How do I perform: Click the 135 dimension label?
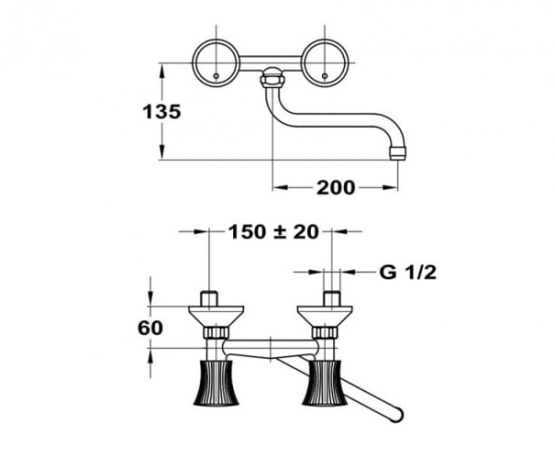point(162,111)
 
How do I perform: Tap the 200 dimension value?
point(335,188)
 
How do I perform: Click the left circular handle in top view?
point(216,63)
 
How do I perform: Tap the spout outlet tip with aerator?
point(398,151)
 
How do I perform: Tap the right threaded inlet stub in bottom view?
point(330,299)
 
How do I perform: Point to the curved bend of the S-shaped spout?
point(282,118)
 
